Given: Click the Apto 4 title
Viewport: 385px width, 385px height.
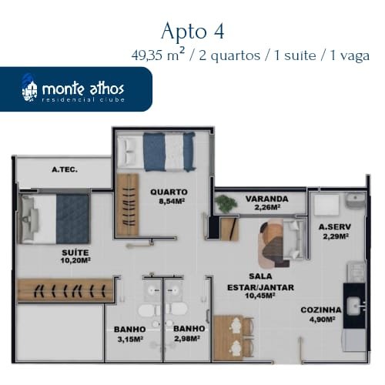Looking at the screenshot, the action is click(192, 32).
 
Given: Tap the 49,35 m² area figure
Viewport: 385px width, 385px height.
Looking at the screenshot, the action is click(158, 55).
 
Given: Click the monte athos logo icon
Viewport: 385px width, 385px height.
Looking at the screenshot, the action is click(29, 89).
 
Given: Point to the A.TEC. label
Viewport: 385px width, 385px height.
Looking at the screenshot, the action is click(65, 169).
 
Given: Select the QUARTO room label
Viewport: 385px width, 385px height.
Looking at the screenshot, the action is click(169, 192).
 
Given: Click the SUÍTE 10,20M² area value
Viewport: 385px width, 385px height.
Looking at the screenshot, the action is click(75, 261).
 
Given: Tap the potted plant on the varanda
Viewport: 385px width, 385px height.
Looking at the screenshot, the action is click(226, 204).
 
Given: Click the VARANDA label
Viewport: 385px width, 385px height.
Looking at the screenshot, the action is click(267, 199).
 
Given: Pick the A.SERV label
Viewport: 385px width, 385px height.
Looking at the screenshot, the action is click(335, 227).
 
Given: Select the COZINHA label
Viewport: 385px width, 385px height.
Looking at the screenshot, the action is click(321, 310).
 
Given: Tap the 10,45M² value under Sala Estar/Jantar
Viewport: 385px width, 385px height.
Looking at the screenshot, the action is click(260, 296).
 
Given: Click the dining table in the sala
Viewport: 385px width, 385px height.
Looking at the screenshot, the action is click(228, 338).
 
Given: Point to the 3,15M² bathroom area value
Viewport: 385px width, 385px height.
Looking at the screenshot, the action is click(130, 340).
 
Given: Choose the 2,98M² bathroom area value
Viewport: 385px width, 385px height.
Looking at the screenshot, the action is click(187, 339).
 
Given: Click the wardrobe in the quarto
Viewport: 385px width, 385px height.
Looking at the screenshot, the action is click(128, 205).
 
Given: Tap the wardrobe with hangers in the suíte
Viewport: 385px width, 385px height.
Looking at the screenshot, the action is click(65, 290).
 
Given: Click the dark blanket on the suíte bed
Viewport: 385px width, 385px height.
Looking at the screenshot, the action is click(73, 219).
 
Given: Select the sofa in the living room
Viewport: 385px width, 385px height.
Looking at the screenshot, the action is click(293, 239).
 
